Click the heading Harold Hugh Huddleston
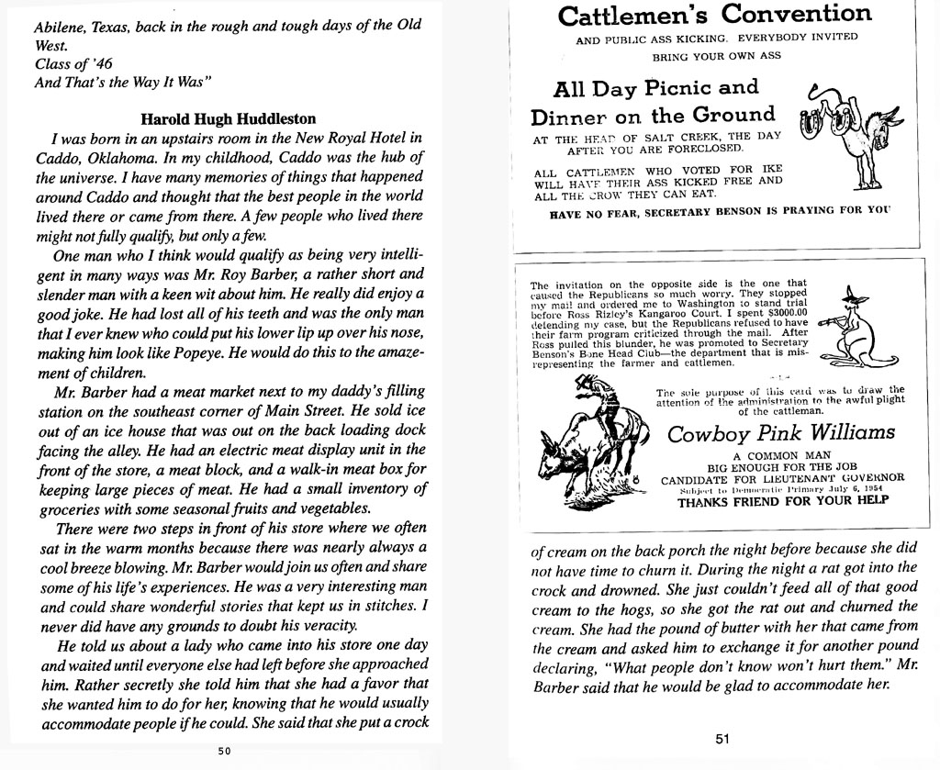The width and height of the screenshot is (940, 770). pyautogui.click(x=229, y=118)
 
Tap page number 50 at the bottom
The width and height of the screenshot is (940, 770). pyautogui.click(x=225, y=751)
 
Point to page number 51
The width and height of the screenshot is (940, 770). pyautogui.click(x=721, y=741)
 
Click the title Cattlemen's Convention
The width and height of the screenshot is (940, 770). pyautogui.click(x=714, y=16)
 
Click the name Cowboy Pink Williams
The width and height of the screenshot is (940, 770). pyautogui.click(x=781, y=432)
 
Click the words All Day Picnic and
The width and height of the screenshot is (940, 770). pyautogui.click(x=656, y=89)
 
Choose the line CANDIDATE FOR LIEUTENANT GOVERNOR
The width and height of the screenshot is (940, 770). pyautogui.click(x=782, y=477)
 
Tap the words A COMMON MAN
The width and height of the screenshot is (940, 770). pyautogui.click(x=782, y=455)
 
